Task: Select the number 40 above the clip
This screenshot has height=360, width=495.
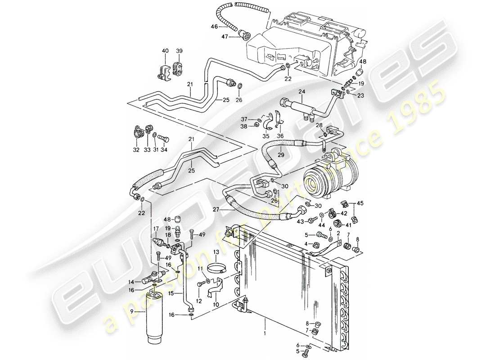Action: [x=165, y=50]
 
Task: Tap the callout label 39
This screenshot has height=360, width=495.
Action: [x=179, y=50]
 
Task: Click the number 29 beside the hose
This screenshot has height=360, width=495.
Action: [x=281, y=154]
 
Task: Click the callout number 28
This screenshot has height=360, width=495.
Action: [x=319, y=125]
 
